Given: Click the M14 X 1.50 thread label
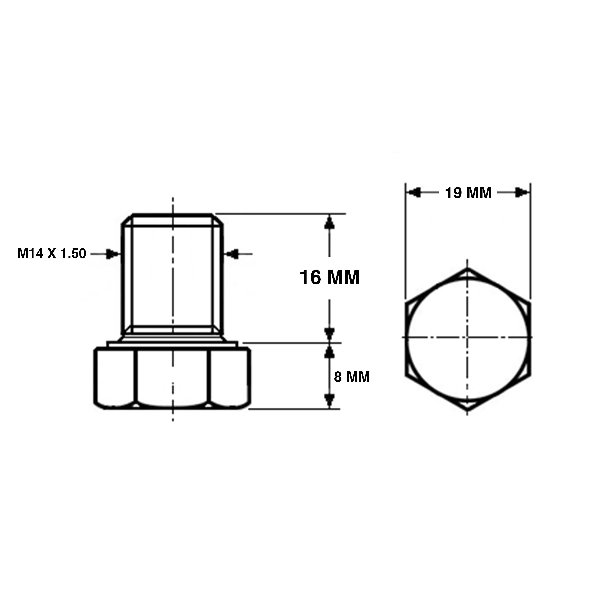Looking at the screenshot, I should point(52,254).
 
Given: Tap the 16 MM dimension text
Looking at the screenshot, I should point(330,277).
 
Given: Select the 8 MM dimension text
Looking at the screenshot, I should point(352,377).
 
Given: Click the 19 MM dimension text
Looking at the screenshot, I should point(468,193).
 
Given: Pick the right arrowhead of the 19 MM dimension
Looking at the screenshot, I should point(521,193).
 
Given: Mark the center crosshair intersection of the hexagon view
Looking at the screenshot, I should point(467,337).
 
